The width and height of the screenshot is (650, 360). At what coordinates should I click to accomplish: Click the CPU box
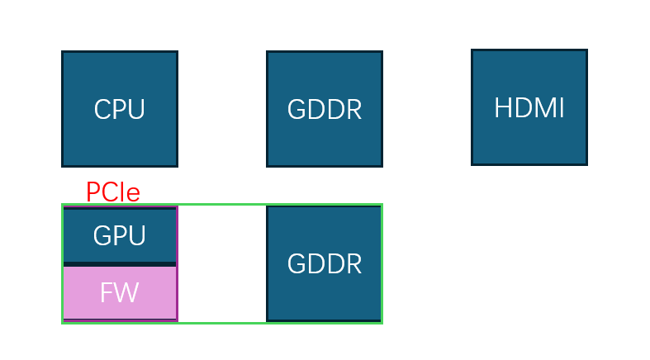pos(120,109)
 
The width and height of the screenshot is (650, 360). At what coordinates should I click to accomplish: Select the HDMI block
pos(529,107)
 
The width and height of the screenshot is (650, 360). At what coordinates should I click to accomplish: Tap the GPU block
pos(120,234)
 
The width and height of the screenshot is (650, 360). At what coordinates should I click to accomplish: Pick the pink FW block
pos(120,293)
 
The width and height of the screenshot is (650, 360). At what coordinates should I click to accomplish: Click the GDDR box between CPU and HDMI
pos(325,109)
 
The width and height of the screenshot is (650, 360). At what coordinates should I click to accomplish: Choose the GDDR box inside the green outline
pos(325,263)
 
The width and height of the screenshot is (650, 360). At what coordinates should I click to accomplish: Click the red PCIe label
pos(113,192)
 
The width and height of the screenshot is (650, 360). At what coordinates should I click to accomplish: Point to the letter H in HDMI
pos(502,107)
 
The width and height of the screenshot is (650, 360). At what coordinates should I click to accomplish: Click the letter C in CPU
pos(102,109)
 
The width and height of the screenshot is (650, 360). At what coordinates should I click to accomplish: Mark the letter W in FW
pos(126,292)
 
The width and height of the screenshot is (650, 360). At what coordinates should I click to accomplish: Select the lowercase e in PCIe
pos(133,194)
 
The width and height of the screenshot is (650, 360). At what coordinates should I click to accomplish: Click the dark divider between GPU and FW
pos(120,264)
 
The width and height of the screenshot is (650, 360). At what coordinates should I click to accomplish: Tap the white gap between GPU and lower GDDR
pos(222,263)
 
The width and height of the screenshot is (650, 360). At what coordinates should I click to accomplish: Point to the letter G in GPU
pos(102,235)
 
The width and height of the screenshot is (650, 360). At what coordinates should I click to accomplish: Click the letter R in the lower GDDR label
pos(353,264)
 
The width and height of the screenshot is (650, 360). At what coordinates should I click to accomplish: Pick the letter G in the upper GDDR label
pos(296,109)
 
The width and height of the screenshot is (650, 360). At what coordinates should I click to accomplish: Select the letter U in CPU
pos(136,109)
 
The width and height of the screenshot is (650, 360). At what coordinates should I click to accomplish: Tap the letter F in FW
pos(107,292)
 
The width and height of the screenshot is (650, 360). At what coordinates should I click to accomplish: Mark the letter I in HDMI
pos(561,107)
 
